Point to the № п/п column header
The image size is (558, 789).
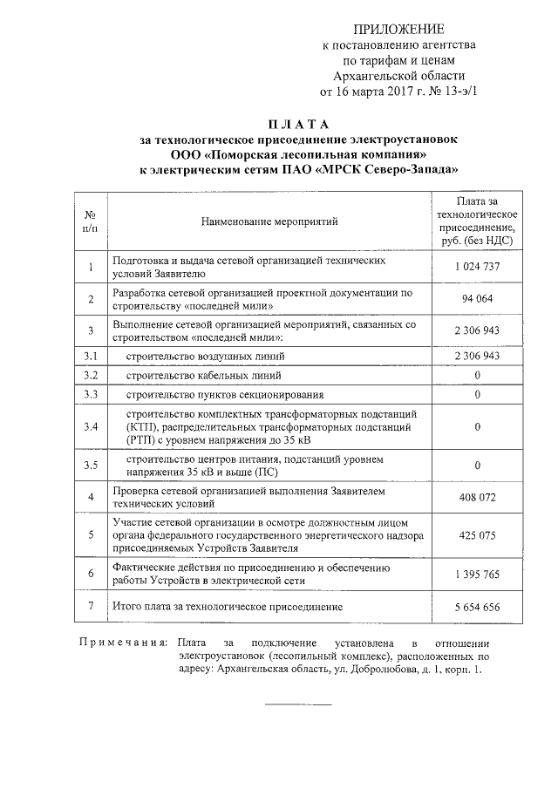coord(89,222)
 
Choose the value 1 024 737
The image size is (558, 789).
coord(477,267)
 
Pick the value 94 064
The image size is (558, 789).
coord(477,299)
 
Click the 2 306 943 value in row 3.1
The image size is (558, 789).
coord(477,357)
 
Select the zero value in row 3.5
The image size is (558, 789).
coord(477,466)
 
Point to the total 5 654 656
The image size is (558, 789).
coord(477,607)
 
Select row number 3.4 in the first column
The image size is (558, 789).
coord(89,427)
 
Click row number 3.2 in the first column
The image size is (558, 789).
coord(89,376)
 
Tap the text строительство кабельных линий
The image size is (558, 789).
coord(202,376)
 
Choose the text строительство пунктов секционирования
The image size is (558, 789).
coord(224,395)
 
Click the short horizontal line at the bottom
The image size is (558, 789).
coord(297,704)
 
